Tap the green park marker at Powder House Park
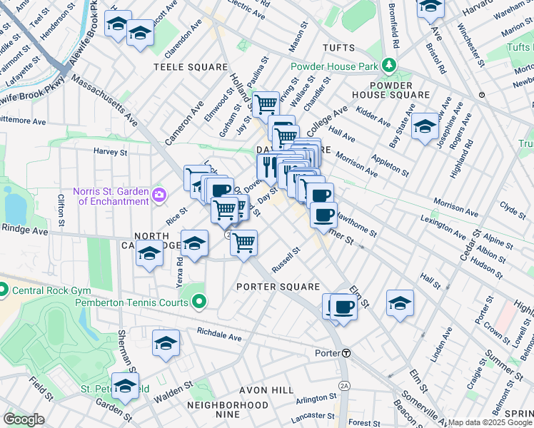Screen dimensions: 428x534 pyautogui.click(x=388, y=65)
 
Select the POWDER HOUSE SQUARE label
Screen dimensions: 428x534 pyautogui.click(x=391, y=89)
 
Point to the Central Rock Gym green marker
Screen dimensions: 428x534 pyautogui.click(x=2, y=290)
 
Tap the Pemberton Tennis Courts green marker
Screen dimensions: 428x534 pyautogui.click(x=199, y=302)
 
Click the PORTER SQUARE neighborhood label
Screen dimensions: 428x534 pyautogui.click(x=278, y=287)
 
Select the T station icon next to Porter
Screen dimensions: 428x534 pyautogui.click(x=346, y=353)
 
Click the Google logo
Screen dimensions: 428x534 pyautogui.click(x=24, y=419)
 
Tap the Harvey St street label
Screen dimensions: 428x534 pyautogui.click(x=111, y=151)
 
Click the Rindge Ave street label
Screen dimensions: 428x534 pyautogui.click(x=24, y=230)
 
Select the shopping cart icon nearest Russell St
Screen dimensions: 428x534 pyautogui.click(x=244, y=243)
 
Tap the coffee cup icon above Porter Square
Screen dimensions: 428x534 pyautogui.click(x=343, y=307)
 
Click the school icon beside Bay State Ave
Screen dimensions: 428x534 pyautogui.click(x=425, y=126)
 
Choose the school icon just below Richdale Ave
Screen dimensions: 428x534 pyautogui.click(x=166, y=343)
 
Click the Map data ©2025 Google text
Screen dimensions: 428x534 pyautogui.click(x=490, y=422)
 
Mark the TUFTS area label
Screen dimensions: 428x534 pyautogui.click(x=338, y=48)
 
